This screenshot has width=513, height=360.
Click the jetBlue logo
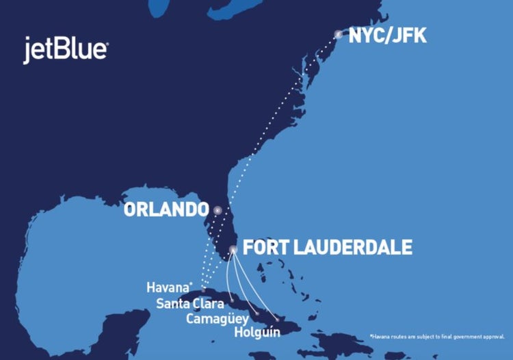click(66, 50)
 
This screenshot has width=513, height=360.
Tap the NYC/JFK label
click(387, 36)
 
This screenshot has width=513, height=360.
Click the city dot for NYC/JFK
click(338, 34)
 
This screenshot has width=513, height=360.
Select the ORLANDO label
click(166, 209)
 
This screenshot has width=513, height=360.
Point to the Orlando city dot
click(218, 211)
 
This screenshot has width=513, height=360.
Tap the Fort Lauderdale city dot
click(233, 249)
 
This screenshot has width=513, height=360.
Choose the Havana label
click(168, 287)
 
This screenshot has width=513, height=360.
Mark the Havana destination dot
click(203, 290)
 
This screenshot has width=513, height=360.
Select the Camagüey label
click(214, 318)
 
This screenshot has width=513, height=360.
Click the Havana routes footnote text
click(436, 337)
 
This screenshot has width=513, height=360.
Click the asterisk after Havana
click(193, 284)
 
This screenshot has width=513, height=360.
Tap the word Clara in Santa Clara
click(208, 304)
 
